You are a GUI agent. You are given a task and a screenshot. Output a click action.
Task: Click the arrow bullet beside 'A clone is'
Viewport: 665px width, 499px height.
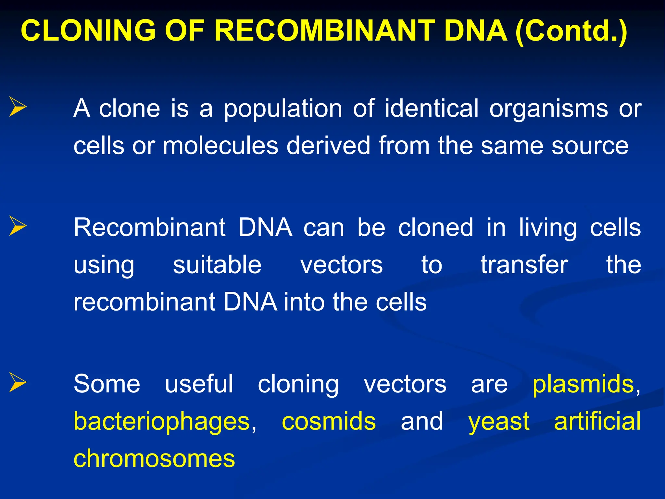18,107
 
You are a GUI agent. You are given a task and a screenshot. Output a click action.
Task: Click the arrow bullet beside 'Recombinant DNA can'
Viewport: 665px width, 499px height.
18,226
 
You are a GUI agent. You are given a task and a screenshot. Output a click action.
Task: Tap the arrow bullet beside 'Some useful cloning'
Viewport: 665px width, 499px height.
18,382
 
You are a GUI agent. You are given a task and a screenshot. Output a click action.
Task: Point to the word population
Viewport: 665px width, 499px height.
283,109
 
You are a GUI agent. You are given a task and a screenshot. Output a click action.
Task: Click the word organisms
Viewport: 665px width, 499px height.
549,109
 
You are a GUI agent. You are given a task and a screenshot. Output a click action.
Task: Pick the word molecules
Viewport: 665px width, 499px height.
220,146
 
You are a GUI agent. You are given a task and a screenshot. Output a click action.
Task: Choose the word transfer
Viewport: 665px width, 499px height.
524,264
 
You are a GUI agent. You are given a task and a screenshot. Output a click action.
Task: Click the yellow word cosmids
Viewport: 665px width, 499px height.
329,421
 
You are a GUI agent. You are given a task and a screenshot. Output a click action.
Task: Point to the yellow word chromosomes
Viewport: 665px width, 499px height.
154,458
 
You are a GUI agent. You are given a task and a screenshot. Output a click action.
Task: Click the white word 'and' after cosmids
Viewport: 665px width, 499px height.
421,421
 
